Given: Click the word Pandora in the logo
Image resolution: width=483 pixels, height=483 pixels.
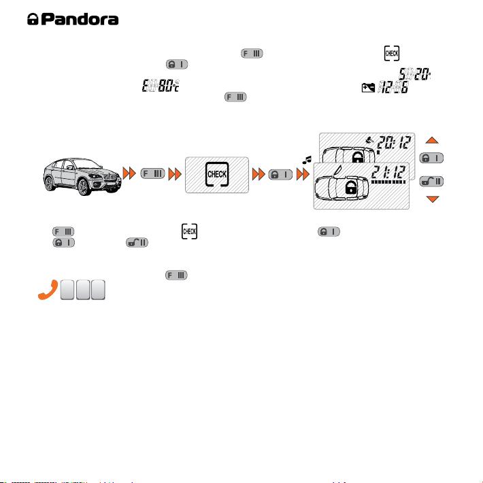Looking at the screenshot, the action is click(80, 20).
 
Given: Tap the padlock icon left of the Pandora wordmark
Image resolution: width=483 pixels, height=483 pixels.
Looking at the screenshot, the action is click(33, 19).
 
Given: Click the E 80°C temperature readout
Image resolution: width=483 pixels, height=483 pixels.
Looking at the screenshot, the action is click(161, 86).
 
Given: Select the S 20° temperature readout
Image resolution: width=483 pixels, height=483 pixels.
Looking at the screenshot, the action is click(414, 74).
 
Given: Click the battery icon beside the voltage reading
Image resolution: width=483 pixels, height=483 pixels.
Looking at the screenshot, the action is click(368, 88).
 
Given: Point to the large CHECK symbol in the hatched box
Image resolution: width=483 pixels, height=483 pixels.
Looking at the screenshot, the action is click(217, 174).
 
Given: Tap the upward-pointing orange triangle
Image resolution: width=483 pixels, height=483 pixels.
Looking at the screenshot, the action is click(432, 140).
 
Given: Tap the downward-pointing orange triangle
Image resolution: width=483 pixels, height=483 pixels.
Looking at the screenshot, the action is click(433, 199).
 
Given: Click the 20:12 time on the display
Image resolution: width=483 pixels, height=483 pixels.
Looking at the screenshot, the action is click(394, 143).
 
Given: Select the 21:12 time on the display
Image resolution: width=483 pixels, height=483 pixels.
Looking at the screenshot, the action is click(388, 172).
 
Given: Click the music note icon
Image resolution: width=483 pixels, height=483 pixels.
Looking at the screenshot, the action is click(307, 160).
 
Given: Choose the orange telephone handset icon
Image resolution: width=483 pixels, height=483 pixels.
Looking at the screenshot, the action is click(48, 290).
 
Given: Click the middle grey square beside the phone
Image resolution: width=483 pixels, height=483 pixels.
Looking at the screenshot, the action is click(83, 290).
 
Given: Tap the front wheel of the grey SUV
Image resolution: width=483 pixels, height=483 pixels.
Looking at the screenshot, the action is click(83, 187).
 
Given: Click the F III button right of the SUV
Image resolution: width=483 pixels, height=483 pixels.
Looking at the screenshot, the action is click(153, 173).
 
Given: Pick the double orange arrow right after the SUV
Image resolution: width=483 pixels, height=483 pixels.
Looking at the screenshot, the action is click(129, 173).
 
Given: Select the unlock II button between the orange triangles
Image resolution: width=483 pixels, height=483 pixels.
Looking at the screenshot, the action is click(431, 182).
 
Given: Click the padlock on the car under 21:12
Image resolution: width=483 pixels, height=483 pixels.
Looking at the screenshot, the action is click(351, 187).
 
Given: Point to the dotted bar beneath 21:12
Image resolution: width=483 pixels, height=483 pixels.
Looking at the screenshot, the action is click(388, 182).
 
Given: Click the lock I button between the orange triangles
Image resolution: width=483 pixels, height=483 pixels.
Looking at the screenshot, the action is click(431, 158).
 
